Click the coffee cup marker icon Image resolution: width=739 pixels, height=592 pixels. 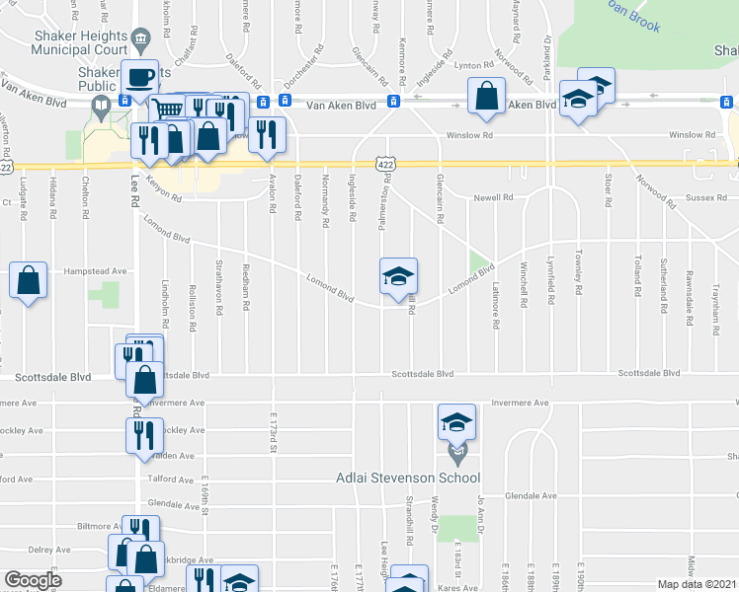[x=140, y=76]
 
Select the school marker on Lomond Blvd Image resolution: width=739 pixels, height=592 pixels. [x=398, y=276]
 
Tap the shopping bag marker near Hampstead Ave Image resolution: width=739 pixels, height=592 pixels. [x=29, y=280]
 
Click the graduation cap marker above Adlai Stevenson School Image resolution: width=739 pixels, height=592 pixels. [x=456, y=422]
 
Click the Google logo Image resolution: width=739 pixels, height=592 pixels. [x=33, y=580]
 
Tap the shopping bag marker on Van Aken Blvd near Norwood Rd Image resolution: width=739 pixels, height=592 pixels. [x=485, y=98]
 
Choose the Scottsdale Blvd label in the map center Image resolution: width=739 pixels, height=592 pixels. [x=422, y=374]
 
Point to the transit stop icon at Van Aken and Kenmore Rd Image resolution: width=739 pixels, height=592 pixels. [x=393, y=102]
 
